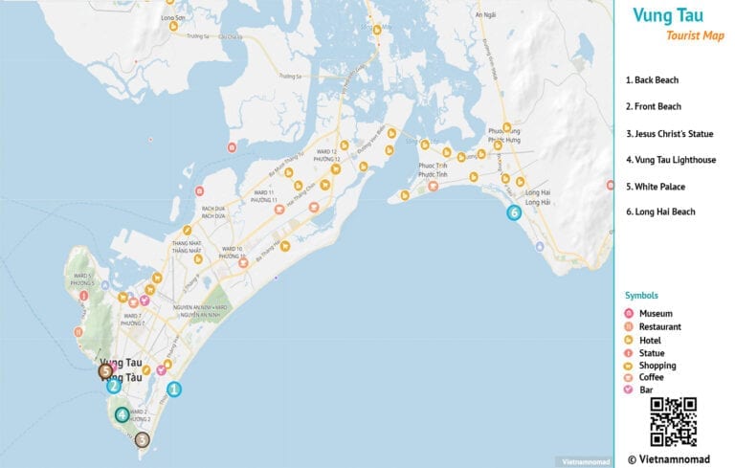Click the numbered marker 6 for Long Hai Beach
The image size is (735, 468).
(514, 212)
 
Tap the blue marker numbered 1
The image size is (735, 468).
(173, 390)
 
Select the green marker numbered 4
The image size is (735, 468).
(122, 414)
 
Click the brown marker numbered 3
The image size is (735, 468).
(142, 440)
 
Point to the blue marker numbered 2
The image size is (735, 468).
(113, 386)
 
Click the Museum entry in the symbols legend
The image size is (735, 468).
(656, 314)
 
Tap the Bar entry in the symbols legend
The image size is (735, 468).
(647, 390)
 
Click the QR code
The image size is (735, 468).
(673, 422)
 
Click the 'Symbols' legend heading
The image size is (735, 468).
(640, 296)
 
